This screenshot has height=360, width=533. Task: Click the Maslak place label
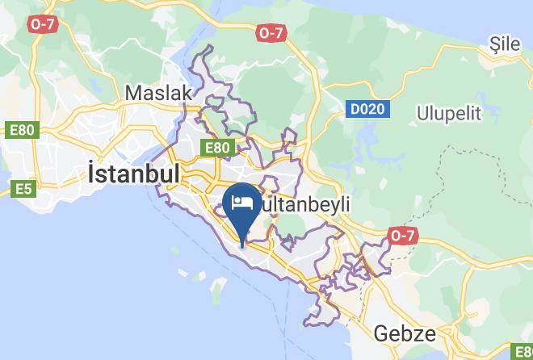pyautogui.click(x=158, y=93)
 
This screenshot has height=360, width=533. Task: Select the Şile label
pyautogui.click(x=505, y=45)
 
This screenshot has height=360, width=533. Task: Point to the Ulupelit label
pyautogui.click(x=448, y=114)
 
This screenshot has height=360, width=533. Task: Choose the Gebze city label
pyautogui.click(x=405, y=333)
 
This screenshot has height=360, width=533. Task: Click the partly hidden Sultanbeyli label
pyautogui.click(x=304, y=205)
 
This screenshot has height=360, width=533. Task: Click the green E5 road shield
pyautogui.click(x=24, y=190)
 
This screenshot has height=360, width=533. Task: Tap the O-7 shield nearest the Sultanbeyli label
pyautogui.click(x=402, y=235)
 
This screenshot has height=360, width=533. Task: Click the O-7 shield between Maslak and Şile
pyautogui.click(x=271, y=33)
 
